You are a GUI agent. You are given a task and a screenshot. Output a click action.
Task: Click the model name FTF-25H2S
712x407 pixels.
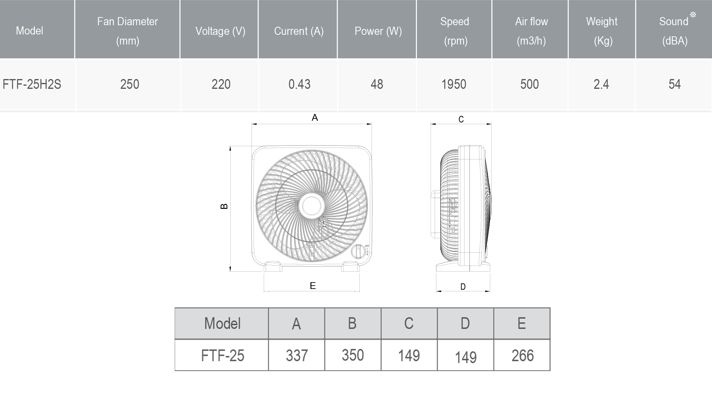pos(32,84)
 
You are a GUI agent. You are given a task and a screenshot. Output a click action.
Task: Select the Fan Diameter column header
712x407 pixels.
pos(127,31)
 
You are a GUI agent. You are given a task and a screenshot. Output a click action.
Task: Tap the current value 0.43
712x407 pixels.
pos(299,84)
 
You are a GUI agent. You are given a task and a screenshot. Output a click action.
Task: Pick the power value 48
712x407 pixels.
pos(377,84)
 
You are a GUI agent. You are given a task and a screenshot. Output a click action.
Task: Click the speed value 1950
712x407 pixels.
pos(454,84)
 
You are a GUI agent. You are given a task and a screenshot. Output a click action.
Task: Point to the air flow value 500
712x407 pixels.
pos(530,84)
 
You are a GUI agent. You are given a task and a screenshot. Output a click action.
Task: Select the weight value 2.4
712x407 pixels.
pos(601,84)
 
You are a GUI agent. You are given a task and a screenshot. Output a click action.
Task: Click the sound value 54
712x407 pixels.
pos(675,84)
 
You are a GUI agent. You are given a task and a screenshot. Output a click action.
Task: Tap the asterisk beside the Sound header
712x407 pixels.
pos(693,15)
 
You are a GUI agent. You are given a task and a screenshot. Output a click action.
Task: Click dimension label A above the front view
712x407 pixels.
pos(315,118)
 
